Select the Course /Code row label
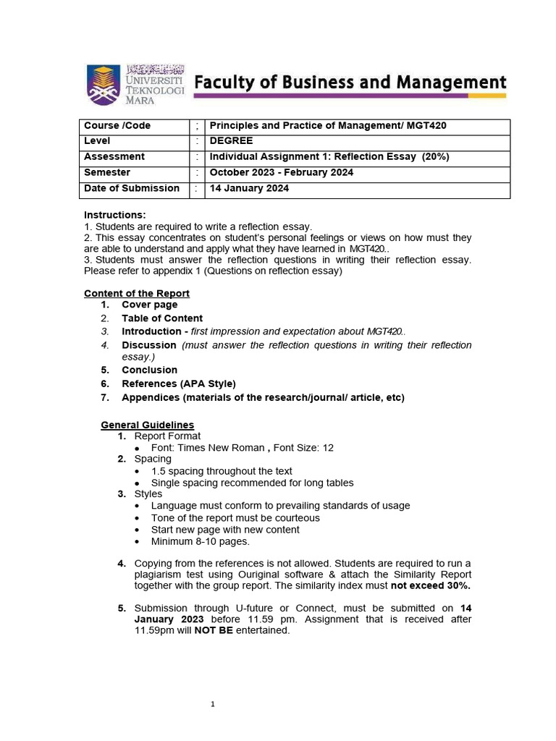[117, 126]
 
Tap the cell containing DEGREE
[231, 141]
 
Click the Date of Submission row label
[132, 189]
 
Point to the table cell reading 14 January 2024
[249, 189]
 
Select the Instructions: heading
[114, 215]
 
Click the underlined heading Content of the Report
[137, 293]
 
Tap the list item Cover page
[149, 305]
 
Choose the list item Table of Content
[162, 318]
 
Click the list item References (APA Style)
[178, 384]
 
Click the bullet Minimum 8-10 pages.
[200, 541]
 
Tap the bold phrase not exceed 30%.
[430, 586]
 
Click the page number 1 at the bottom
[213, 704]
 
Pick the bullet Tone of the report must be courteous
[235, 518]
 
